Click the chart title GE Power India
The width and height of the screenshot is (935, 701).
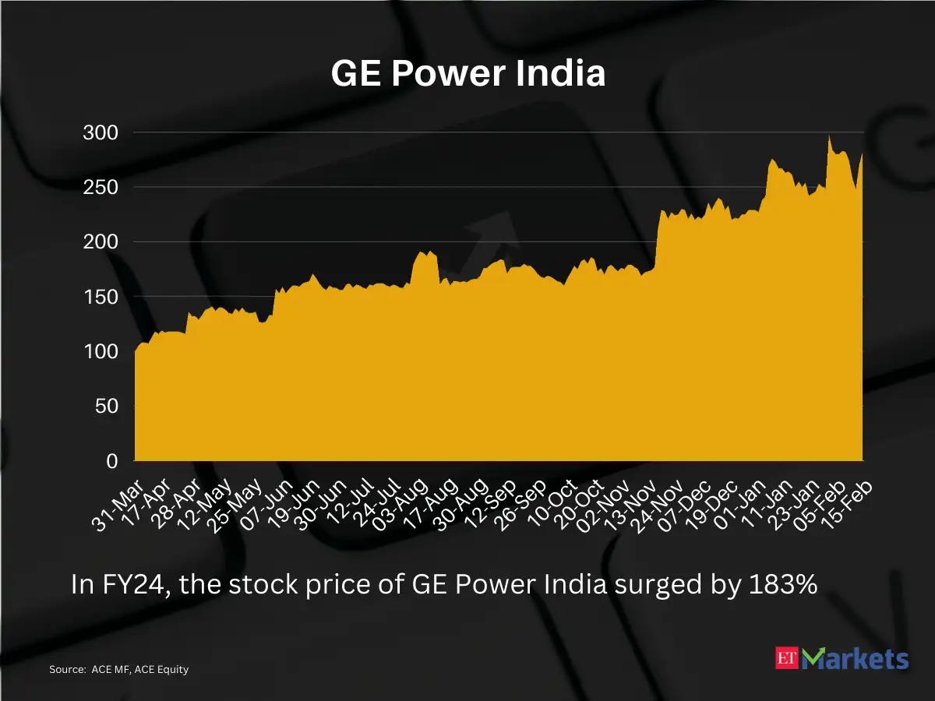tap(467, 75)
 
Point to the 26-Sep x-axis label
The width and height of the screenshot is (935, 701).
tap(524, 504)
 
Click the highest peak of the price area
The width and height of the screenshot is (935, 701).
tap(829, 137)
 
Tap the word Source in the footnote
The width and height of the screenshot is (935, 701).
tap(65, 669)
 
